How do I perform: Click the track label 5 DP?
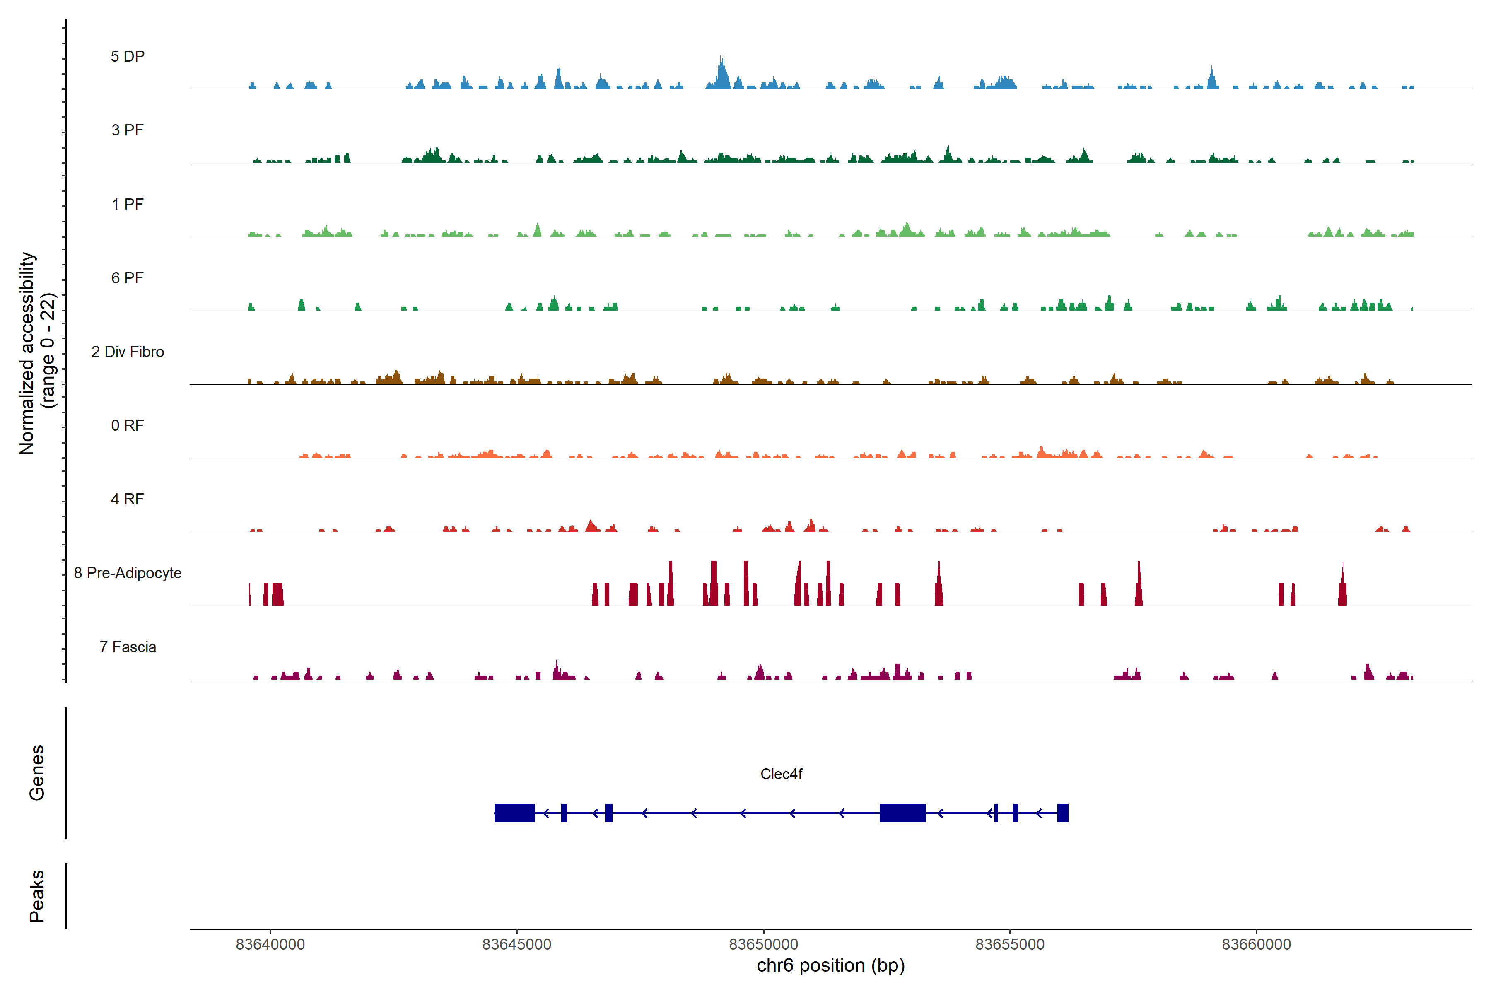(128, 56)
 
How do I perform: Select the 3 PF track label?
(128, 130)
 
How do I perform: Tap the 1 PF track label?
(128, 204)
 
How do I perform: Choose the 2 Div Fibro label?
(128, 352)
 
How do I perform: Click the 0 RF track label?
(128, 425)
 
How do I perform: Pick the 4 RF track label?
(128, 499)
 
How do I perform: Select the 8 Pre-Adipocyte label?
(128, 573)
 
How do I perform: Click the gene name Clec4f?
(781, 774)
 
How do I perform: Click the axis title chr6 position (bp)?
(830, 965)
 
